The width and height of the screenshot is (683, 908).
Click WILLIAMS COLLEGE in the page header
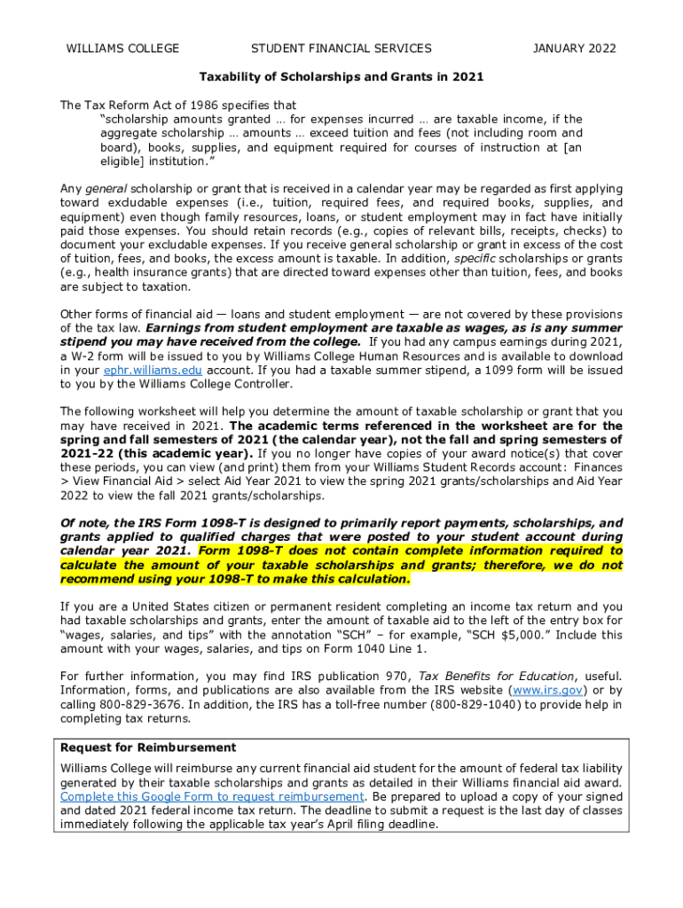(x=122, y=49)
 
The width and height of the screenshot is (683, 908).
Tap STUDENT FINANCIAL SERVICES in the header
(x=341, y=49)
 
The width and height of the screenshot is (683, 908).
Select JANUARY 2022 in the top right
(x=574, y=49)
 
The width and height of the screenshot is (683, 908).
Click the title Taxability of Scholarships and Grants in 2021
(x=341, y=76)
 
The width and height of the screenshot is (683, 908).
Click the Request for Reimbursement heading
(x=148, y=748)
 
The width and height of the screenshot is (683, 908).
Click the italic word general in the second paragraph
(x=106, y=189)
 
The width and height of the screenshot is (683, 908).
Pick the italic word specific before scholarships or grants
(x=478, y=258)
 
